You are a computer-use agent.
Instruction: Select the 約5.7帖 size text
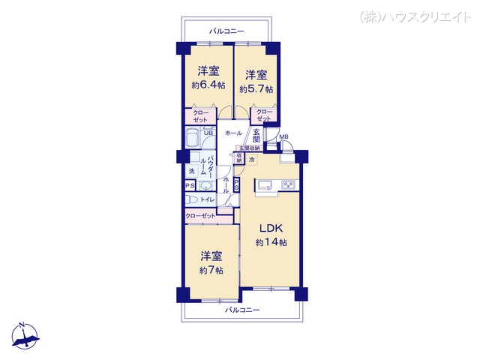pos(256,89)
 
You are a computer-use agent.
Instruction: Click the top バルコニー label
pos(225,31)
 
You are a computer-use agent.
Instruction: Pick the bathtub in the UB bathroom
pos(192,139)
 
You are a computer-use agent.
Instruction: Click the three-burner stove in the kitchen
pos(288,185)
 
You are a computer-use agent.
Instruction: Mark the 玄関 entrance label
pos(256,136)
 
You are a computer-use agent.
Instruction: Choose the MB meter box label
pos(284,136)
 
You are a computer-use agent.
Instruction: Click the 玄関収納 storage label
pos(249,148)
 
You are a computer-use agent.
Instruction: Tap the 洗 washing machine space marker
pos(191,172)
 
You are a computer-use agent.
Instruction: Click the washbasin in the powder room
pos(206,185)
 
